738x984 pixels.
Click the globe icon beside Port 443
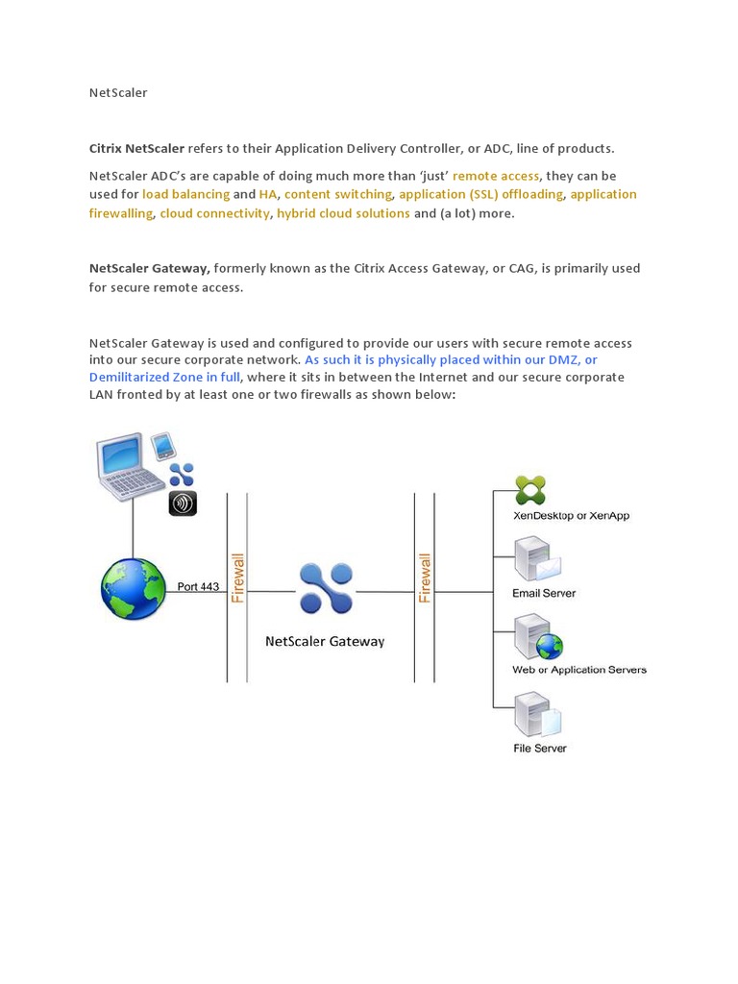coord(134,589)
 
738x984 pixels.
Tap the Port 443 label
coord(198,586)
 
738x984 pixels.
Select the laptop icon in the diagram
coord(129,468)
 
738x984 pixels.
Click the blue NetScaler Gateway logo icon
coord(326,588)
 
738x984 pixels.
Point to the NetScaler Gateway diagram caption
coord(325,641)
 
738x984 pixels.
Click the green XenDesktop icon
coord(529,490)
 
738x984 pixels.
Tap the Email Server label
coord(544,593)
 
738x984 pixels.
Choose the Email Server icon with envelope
coord(536,558)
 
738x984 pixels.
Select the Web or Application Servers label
coord(579,670)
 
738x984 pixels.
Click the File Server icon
coord(536,715)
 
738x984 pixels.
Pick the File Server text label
coord(540,748)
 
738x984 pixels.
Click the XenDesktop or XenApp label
coord(572,516)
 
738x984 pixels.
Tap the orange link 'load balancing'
coord(185,194)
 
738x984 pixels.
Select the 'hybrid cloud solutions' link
coord(343,213)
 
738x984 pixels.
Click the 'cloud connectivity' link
coord(214,213)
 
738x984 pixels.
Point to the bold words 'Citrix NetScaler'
coord(136,149)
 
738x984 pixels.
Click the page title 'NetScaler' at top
coord(118,93)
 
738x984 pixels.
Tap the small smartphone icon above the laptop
coord(163,446)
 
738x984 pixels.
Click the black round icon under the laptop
coord(183,503)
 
